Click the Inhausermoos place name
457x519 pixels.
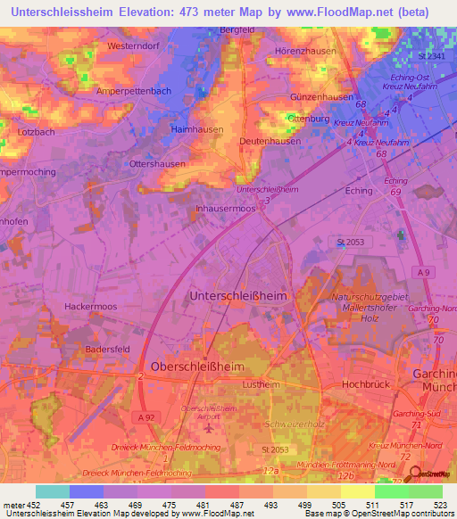pos(225,208)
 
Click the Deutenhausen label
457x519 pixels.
pos(270,142)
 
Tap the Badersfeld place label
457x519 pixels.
pos(108,350)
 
